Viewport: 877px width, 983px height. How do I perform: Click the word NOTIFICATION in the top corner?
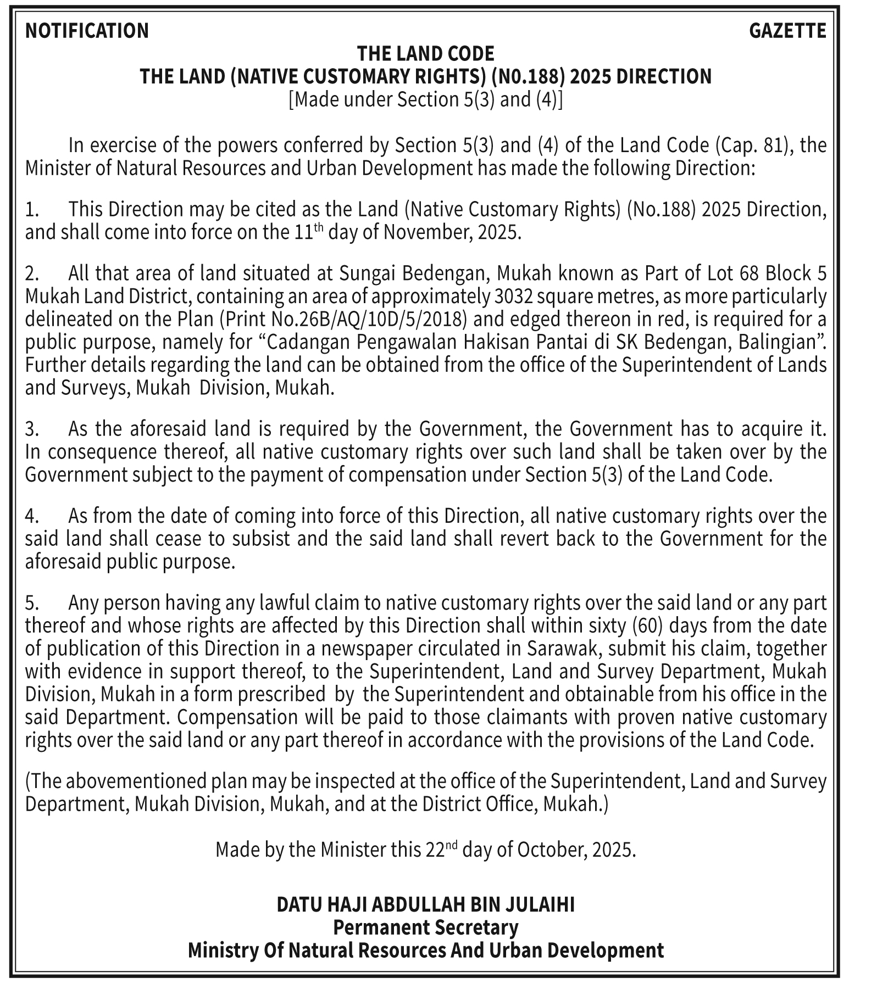pos(87,31)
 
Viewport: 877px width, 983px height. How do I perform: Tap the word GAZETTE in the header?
pos(787,31)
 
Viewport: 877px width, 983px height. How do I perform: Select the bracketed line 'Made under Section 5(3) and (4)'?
pos(426,100)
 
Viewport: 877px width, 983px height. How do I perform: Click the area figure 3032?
pos(513,297)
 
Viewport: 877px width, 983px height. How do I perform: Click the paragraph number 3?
pos(31,429)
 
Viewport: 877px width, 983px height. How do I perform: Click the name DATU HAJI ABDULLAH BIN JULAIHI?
pos(425,904)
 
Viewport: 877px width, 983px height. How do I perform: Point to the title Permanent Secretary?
pos(426,928)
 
